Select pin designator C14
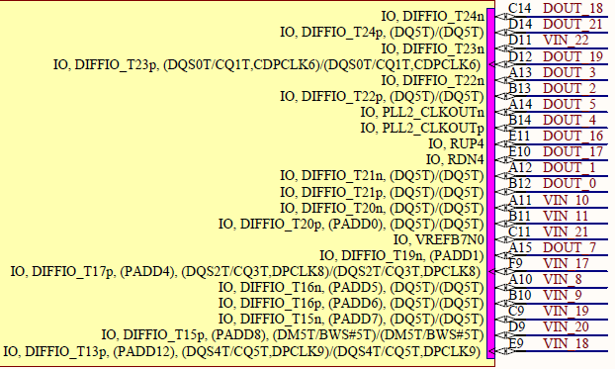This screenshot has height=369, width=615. [x=520, y=8]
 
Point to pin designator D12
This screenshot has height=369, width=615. [x=520, y=55]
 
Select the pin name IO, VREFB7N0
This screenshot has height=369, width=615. [x=438, y=238]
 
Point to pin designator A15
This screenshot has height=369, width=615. [x=520, y=246]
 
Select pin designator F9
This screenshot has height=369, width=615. [x=516, y=262]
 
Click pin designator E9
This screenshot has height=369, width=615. [x=516, y=341]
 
